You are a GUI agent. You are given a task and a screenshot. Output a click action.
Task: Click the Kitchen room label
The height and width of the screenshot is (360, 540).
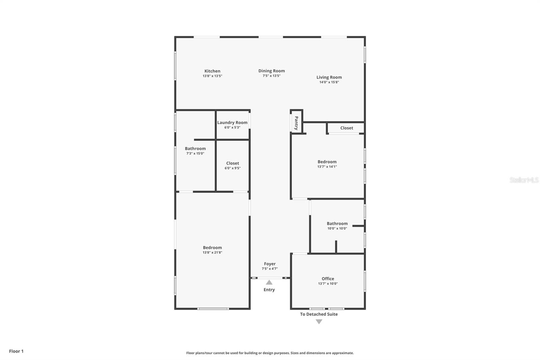pos(212,71)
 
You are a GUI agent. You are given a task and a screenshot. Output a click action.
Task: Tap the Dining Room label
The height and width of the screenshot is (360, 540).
pos(271,71)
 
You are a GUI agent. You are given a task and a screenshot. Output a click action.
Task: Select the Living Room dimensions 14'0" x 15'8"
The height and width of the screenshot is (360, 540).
pos(329,82)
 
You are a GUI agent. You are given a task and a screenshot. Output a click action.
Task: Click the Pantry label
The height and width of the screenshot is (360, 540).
pos(296,123)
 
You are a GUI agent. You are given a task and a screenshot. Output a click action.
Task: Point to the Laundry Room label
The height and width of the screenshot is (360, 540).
pos(232,123)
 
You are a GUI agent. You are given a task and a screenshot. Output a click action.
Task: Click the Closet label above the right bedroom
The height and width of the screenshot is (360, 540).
pos(347,128)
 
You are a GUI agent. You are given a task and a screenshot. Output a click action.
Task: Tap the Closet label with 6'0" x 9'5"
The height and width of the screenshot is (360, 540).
pos(233,163)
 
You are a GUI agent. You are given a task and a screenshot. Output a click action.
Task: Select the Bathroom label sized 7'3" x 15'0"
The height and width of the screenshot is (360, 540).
pos(195,149)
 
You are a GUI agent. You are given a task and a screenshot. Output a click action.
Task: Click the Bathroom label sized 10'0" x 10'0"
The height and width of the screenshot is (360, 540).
pos(337,224)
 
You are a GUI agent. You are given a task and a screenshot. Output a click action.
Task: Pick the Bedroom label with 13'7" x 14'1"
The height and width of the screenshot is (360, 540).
pos(327,162)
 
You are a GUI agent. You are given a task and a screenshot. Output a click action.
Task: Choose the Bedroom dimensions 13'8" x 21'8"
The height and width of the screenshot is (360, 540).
pos(212,253)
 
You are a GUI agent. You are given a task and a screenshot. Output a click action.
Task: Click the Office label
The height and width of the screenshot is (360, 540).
pos(328,279)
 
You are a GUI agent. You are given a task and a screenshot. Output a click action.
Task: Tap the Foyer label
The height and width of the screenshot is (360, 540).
pos(270,264)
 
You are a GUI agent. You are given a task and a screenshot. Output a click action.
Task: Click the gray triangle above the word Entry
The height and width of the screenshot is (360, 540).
pos(269,282)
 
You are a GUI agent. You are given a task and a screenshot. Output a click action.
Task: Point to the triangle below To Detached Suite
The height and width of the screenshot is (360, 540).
pos(319,322)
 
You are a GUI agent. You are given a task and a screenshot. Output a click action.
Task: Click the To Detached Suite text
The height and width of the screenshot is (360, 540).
pos(319,314)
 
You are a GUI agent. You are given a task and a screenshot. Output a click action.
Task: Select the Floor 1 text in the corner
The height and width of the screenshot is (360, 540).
pos(16,351)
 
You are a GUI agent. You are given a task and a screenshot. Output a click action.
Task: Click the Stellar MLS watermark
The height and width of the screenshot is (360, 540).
pos(524,180)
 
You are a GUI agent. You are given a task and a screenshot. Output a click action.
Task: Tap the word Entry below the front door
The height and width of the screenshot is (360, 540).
pos(269,290)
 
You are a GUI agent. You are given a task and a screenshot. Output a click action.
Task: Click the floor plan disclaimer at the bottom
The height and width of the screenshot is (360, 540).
pos(270,353)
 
